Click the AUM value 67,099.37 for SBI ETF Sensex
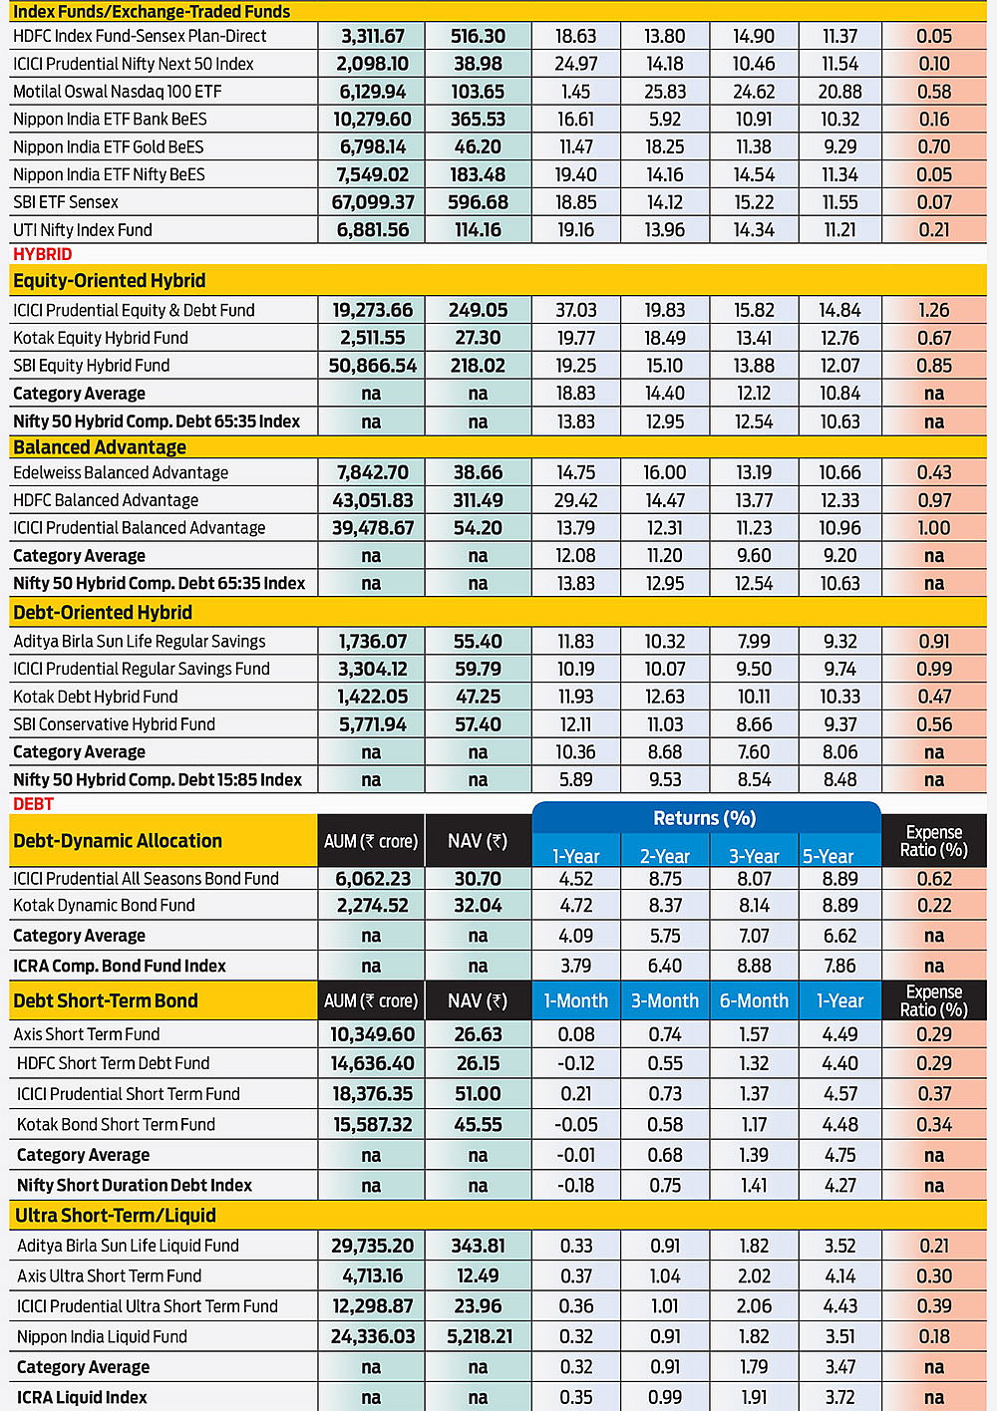tap(371, 202)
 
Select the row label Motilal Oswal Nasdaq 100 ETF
tap(118, 92)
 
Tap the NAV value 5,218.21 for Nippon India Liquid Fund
tap(478, 1336)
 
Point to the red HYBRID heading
tap(43, 254)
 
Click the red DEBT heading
tap(34, 804)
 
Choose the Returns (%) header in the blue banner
tap(705, 818)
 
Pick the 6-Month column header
tap(754, 1000)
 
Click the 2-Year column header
tap(665, 856)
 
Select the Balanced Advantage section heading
tap(100, 447)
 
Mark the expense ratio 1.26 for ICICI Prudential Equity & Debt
tap(934, 310)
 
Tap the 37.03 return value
tap(576, 310)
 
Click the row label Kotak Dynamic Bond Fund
tap(104, 906)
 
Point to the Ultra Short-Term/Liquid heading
tap(116, 1216)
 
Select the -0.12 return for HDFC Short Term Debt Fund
tap(576, 1063)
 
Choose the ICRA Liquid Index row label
tap(82, 1397)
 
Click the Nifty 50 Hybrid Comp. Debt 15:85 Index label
tap(158, 779)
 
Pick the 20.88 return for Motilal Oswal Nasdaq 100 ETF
tap(840, 92)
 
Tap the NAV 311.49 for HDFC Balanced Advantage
tap(478, 500)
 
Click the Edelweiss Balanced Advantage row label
tap(121, 472)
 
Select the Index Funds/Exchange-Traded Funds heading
tap(152, 12)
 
